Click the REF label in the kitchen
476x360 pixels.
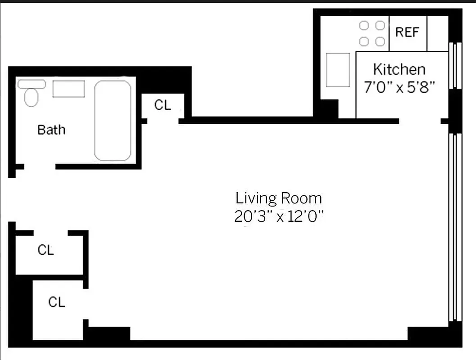coord(407,32)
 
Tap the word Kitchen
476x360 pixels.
coord(399,69)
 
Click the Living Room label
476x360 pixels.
coord(279,198)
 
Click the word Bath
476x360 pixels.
coord(51,130)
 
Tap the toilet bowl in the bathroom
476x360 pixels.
coord(31,97)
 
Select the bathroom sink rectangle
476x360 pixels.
coord(68,89)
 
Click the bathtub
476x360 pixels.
coord(113,121)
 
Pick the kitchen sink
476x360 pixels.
coord(338,70)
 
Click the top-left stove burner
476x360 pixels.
coord(364,26)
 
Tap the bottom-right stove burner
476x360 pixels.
coord(380,41)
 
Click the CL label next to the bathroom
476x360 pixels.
coord(163,105)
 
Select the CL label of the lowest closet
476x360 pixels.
coord(57,302)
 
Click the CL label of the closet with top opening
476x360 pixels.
coord(45,250)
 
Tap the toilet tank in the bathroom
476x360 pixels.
coord(31,84)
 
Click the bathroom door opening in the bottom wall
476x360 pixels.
coord(40,166)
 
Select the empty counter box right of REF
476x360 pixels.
coord(437,33)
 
